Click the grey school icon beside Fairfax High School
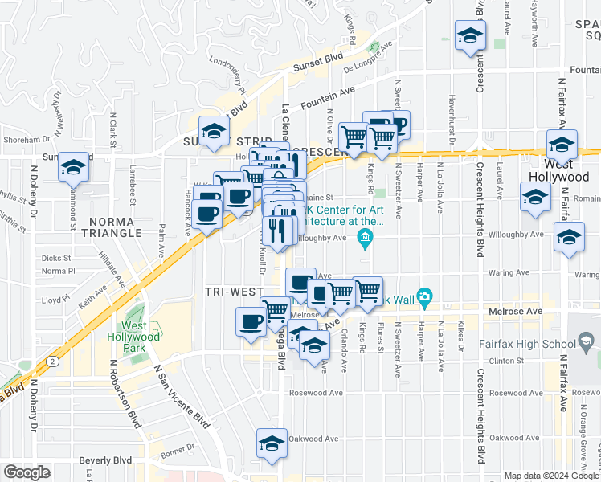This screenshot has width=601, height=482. [587, 343]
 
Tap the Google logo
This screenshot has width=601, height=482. [27, 472]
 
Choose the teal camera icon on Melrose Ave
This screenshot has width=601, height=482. [426, 298]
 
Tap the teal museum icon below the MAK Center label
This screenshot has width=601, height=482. [366, 237]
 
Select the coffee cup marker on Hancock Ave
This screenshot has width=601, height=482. [207, 214]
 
